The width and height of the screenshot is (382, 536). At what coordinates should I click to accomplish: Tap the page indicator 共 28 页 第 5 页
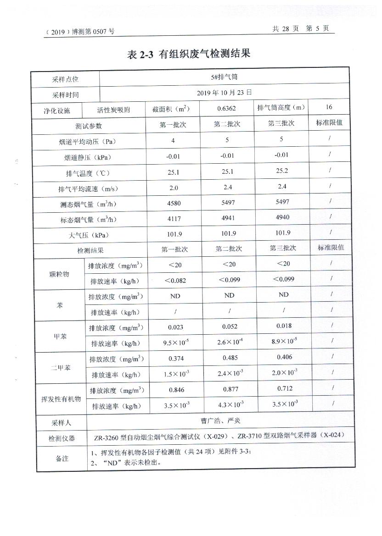pos(300,28)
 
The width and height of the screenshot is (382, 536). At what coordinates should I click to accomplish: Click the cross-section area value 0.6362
pos(227,109)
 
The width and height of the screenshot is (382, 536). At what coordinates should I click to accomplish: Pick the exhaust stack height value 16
pos(329,107)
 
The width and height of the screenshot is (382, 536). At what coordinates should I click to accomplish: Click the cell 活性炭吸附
pos(113,110)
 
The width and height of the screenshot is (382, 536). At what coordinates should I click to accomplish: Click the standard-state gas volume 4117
pos(173,219)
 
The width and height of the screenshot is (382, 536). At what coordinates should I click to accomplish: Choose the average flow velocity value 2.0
pos(173,188)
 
